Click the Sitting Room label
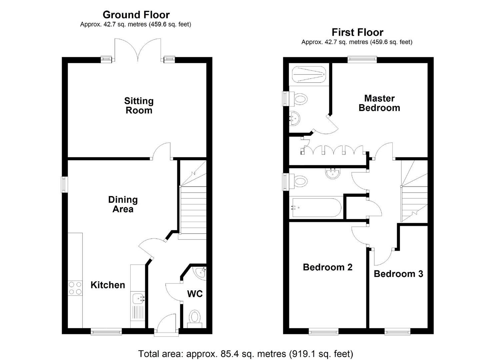[139, 105]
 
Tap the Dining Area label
[123, 204]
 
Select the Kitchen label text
[108, 285]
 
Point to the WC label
[195, 294]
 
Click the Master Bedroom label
[379, 103]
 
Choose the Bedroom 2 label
[327, 267]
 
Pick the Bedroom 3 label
[398, 274]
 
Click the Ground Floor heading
[136, 15]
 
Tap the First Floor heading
[357, 32]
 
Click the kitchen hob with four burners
[75, 288]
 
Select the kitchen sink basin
[138, 298]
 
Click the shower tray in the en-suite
[308, 74]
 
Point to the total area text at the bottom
[245, 353]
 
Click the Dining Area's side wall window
[64, 184]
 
